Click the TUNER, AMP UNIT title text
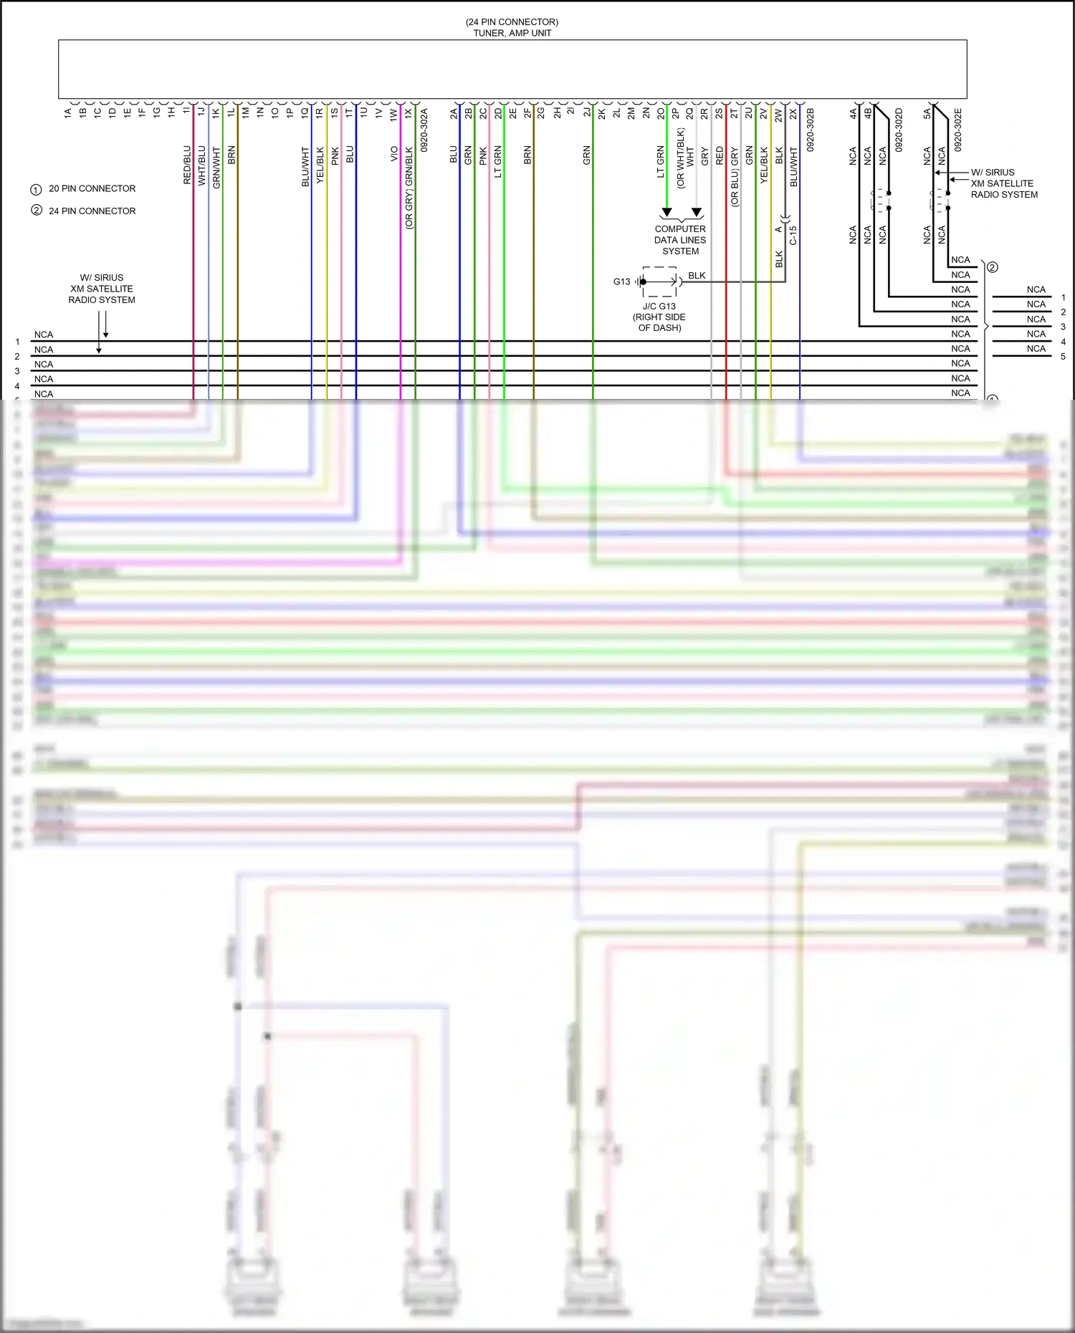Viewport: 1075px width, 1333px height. [x=512, y=33]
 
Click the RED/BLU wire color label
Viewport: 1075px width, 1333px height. [x=188, y=165]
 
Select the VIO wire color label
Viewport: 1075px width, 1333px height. [x=394, y=154]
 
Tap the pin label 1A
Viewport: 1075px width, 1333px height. [x=68, y=112]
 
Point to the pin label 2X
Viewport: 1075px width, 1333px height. [x=793, y=114]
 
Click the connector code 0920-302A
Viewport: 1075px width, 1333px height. [x=424, y=130]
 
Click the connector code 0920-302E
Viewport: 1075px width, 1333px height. [x=958, y=130]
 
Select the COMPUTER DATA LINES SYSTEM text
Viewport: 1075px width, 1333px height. [x=680, y=240]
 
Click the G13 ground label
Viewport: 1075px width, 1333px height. [x=621, y=281]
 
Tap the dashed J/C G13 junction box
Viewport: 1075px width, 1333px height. [x=659, y=281]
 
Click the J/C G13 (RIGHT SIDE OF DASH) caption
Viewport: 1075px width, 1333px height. [x=659, y=317]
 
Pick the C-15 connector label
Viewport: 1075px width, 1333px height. [x=793, y=236]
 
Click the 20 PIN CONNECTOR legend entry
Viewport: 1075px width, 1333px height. [x=92, y=188]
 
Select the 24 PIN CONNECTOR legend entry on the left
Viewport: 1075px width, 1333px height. [x=92, y=211]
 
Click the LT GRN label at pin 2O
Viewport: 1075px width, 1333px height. [x=661, y=162]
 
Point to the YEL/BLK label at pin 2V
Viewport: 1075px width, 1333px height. [x=764, y=165]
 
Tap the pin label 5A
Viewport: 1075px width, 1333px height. [x=927, y=113]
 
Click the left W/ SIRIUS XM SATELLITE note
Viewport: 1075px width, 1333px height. [x=102, y=289]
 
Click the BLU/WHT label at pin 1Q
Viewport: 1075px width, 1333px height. [x=305, y=167]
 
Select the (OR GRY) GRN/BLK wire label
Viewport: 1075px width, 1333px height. [x=409, y=188]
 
